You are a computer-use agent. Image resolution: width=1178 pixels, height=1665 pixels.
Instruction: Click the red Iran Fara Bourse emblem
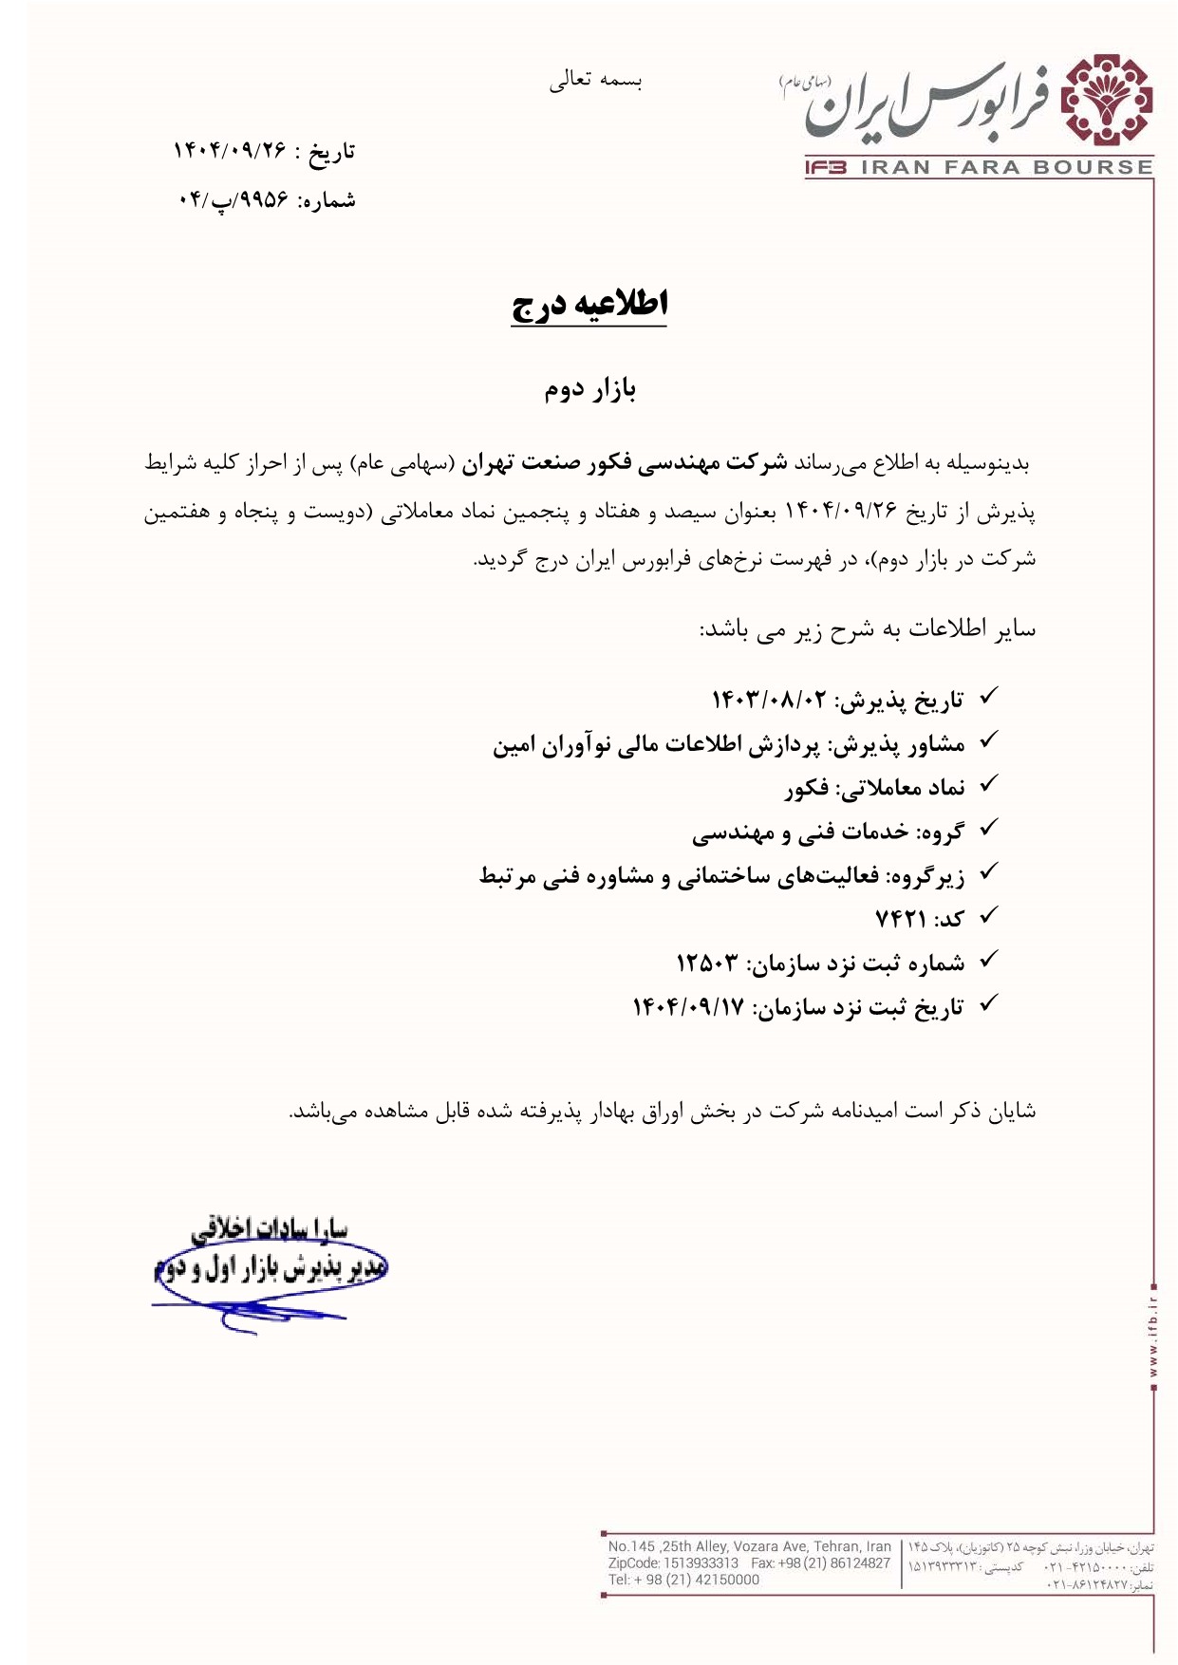coord(1106,101)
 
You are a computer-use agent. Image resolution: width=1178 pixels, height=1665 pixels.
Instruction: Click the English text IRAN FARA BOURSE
coord(1005,168)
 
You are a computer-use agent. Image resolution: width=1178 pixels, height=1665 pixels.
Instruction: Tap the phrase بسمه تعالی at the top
coord(595,81)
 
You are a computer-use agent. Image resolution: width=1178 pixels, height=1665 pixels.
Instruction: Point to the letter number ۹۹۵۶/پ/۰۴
coord(233,200)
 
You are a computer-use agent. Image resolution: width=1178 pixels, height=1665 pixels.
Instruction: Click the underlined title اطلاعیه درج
coord(589,304)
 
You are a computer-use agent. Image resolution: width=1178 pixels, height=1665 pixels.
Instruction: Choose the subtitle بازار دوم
coord(589,388)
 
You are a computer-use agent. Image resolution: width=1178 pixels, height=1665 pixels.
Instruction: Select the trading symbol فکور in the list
coord(807,788)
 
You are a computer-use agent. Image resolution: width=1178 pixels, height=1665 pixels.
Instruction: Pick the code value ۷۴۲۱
coord(900,919)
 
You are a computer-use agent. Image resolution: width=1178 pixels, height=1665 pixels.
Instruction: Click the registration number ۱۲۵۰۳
coord(706,963)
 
